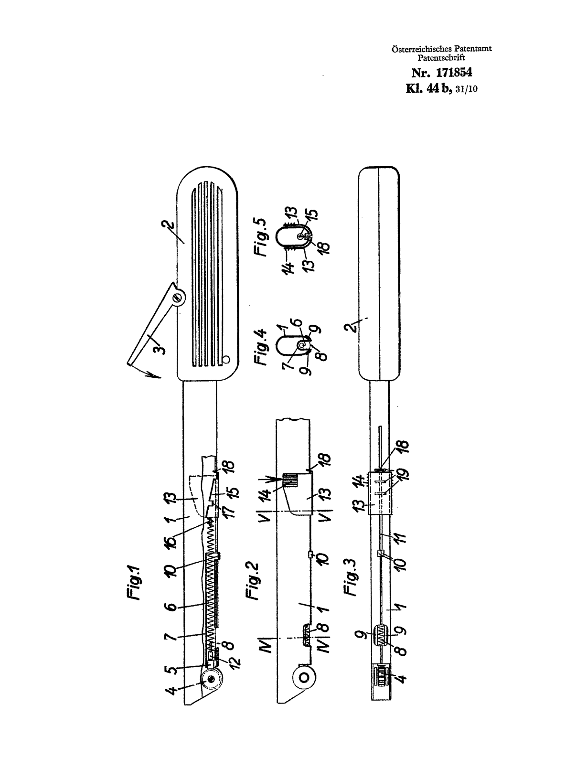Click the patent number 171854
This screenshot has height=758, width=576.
(x=454, y=73)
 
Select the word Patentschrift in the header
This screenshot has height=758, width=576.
(x=441, y=57)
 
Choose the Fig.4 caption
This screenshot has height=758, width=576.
(x=261, y=347)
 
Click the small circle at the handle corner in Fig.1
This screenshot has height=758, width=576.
(x=226, y=360)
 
